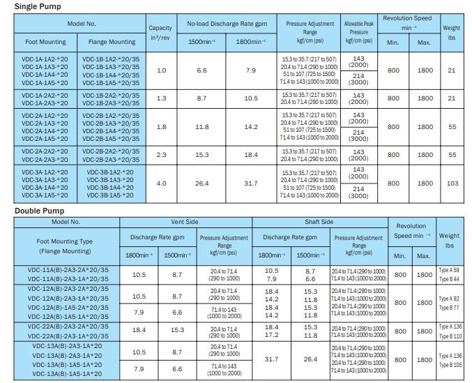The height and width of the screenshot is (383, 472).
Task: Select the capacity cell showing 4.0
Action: [x=161, y=183]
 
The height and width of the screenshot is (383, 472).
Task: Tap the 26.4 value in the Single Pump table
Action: [x=202, y=183]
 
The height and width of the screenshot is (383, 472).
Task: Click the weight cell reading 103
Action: [x=452, y=183]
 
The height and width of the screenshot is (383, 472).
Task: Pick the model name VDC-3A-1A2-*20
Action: [x=44, y=172]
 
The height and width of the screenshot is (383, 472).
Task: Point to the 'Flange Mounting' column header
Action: [x=112, y=42]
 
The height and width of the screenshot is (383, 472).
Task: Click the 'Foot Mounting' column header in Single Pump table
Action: [x=45, y=42]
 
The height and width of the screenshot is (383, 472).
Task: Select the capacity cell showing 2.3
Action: [x=161, y=154]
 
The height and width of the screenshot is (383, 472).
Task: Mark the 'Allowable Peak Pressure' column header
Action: [x=358, y=32]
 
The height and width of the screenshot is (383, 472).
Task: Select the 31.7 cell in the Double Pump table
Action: [x=272, y=360]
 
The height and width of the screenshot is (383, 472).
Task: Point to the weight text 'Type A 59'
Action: [x=449, y=270]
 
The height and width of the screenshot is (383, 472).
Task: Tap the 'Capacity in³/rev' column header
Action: [x=161, y=32]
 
